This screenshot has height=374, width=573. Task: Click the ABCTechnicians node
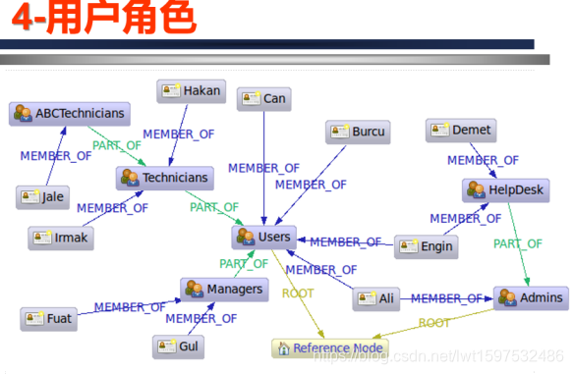pyautogui.click(x=71, y=113)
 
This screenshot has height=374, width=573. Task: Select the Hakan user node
pyautogui.click(x=191, y=92)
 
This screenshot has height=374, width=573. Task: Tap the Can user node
pyautogui.click(x=263, y=98)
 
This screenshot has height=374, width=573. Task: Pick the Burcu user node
pyautogui.click(x=358, y=132)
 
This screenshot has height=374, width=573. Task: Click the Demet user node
pyautogui.click(x=460, y=130)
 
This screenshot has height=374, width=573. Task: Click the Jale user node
pyautogui.click(x=42, y=196)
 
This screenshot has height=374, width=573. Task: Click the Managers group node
pyautogui.click(x=224, y=289)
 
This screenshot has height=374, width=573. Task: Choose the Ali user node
pyautogui.click(x=377, y=298)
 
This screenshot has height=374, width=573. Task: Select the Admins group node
pyautogui.click(x=531, y=297)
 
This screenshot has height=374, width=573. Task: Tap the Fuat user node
pyautogui.click(x=49, y=318)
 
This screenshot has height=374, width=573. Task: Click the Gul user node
pyautogui.click(x=178, y=347)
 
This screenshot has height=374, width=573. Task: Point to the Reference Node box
pyautogui.click(x=329, y=347)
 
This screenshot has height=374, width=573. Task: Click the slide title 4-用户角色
pyautogui.click(x=98, y=18)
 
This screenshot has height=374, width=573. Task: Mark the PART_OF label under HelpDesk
pyautogui.click(x=518, y=243)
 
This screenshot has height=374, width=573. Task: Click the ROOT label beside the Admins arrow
pyautogui.click(x=434, y=322)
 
